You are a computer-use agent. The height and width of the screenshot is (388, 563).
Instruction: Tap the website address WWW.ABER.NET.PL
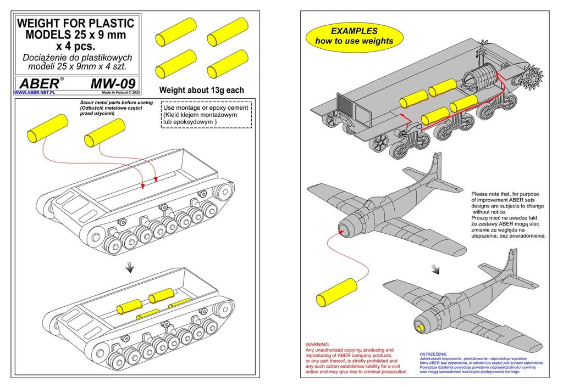pyautogui.click(x=35, y=93)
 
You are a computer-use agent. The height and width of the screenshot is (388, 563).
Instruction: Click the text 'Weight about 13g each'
pyautogui.click(x=201, y=90)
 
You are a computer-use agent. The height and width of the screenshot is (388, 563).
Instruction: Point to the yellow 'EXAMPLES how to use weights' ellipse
pyautogui.click(x=354, y=36)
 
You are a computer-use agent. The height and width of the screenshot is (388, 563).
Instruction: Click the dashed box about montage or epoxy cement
pyautogui.click(x=206, y=115)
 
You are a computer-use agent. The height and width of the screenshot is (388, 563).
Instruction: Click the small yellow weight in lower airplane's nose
pyautogui.click(x=421, y=328)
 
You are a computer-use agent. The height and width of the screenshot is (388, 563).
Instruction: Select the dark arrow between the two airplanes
pyautogui.click(x=435, y=268)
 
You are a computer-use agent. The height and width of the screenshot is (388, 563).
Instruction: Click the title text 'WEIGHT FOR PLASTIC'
pyautogui.click(x=76, y=24)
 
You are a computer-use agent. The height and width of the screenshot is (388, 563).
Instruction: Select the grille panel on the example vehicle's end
pyautogui.click(x=345, y=104)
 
